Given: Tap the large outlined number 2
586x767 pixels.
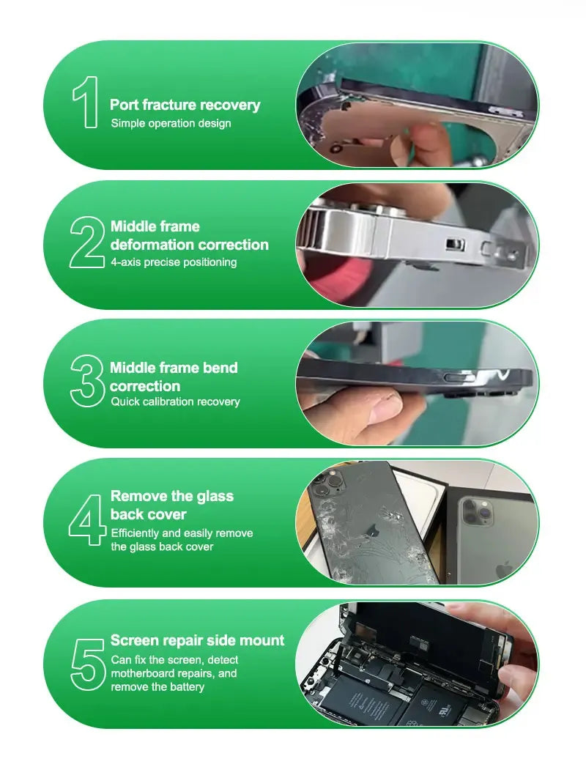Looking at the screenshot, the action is pos(87,242).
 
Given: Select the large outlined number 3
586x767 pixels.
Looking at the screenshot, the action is pos(87,381).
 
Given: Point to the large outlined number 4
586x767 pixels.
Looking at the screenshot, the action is pos(88,519).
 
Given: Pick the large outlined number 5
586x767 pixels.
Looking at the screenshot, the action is pos(88,664).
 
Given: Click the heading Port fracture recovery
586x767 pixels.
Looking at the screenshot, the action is pos(185,105).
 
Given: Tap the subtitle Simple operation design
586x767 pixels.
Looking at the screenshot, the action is pos(171,123).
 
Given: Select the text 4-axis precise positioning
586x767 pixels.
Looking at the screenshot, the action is pos(174,262).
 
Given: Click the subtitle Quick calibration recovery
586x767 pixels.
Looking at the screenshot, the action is pos(175,401).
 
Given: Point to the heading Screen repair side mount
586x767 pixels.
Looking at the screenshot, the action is pos(197,640).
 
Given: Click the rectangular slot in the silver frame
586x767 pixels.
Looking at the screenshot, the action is pos(454,245).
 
